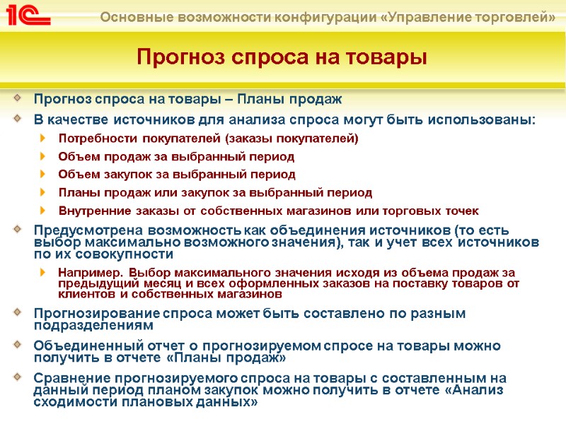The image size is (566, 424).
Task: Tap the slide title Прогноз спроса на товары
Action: tap(282, 56)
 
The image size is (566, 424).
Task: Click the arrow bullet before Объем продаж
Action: tap(45, 156)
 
